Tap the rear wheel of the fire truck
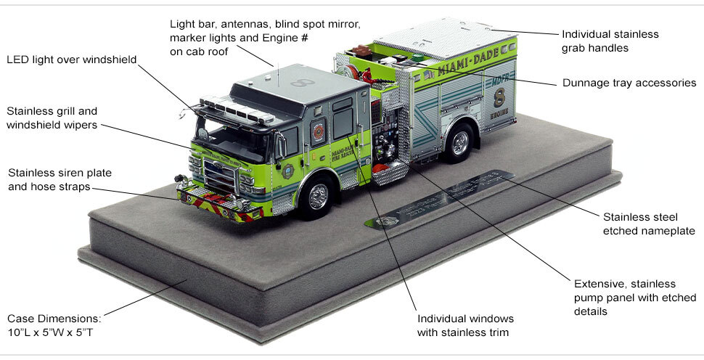[x=459, y=143]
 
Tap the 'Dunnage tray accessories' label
[x=629, y=83]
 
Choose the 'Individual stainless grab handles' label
[x=610, y=41]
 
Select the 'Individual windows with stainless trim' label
[x=465, y=326]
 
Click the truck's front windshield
[x=230, y=137]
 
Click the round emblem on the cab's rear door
[x=319, y=131]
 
